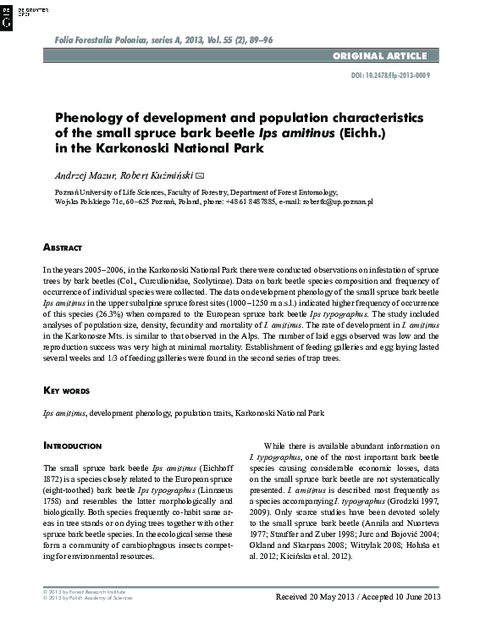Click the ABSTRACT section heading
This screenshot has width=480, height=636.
(x=63, y=247)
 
